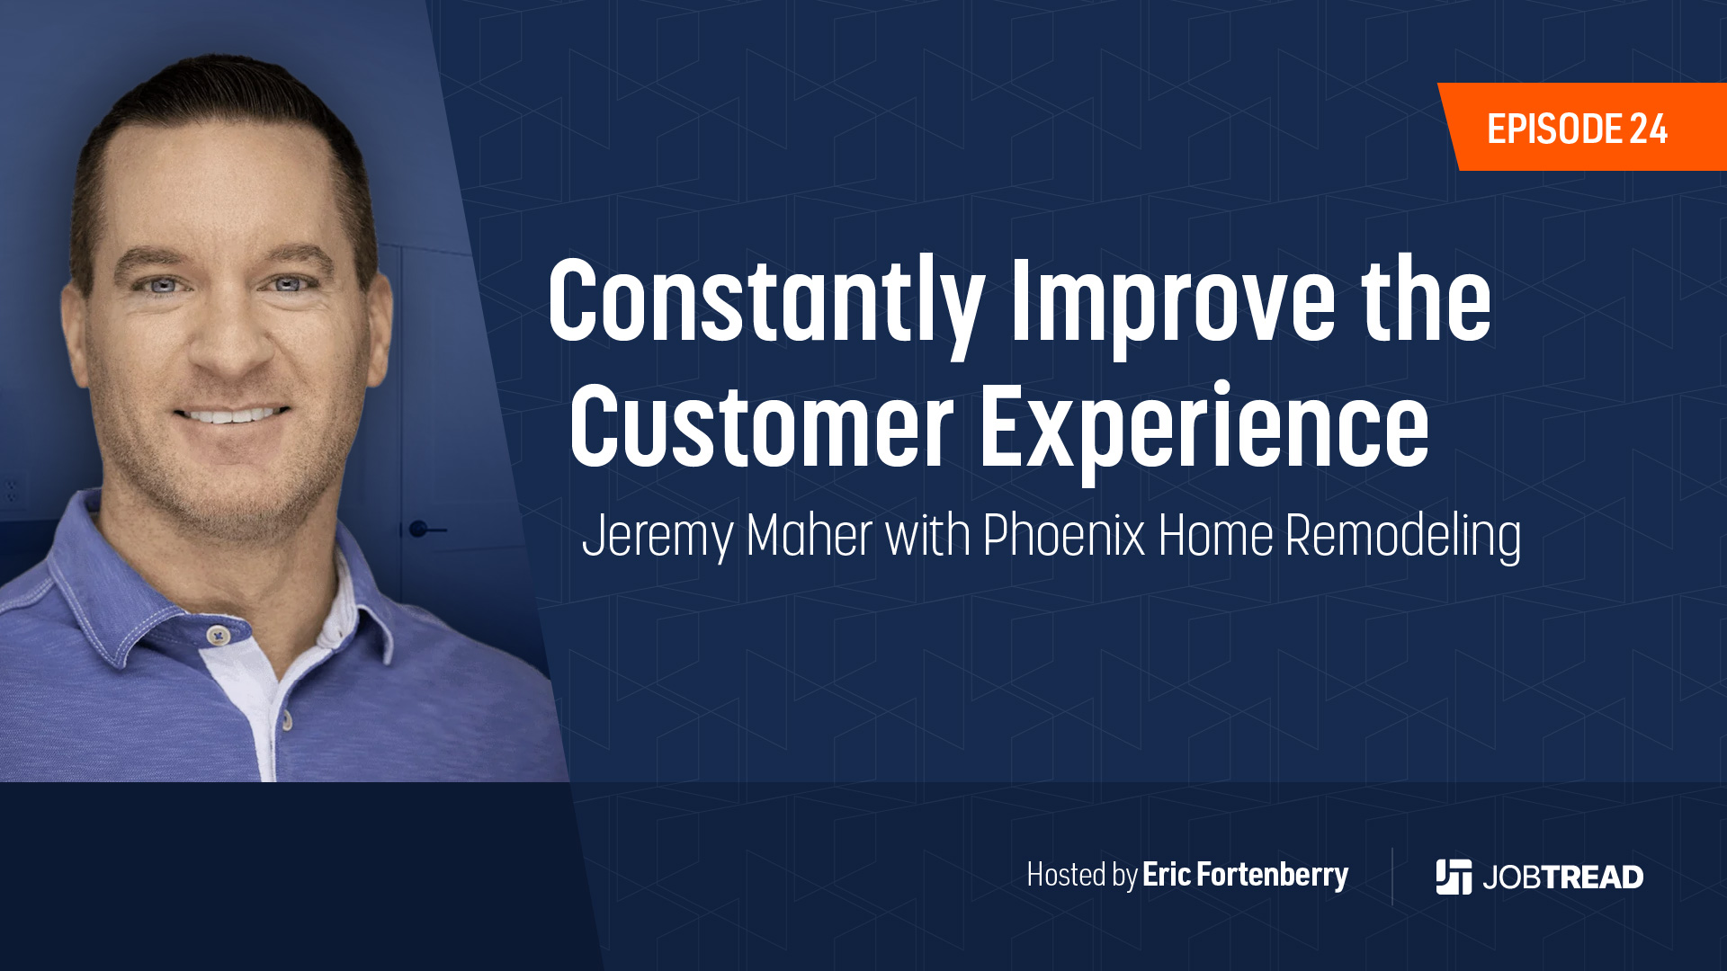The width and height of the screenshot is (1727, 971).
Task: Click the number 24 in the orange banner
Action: (1649, 129)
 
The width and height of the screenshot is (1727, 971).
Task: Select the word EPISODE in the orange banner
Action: (1554, 129)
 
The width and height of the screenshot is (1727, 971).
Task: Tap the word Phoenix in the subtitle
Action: (1064, 536)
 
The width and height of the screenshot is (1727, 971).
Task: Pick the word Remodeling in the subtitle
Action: (1403, 538)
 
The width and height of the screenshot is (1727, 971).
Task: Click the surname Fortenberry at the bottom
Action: (1272, 875)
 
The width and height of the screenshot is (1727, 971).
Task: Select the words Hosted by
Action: (1082, 875)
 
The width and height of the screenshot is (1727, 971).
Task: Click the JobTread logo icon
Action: (1454, 877)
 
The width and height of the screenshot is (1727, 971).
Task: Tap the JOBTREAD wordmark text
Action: (1563, 877)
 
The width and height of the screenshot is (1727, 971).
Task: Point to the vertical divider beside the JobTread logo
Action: (1392, 876)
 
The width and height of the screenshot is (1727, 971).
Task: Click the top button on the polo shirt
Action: (216, 636)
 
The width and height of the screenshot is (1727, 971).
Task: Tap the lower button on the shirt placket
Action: (287, 719)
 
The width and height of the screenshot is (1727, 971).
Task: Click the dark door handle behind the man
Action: (426, 529)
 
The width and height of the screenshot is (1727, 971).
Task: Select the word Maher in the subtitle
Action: (810, 536)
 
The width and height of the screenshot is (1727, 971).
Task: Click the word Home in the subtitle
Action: (1215, 536)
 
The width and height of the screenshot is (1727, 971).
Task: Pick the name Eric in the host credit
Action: (1167, 875)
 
